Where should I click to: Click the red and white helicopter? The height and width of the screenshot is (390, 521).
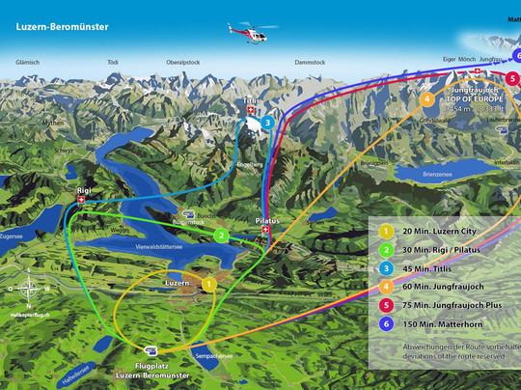pyautogui.click(x=249, y=34)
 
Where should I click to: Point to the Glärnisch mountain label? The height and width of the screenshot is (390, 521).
pyautogui.click(x=28, y=62)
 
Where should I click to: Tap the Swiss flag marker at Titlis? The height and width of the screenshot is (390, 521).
pyautogui.click(x=252, y=112)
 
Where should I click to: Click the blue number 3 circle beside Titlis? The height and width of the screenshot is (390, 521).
pyautogui.click(x=268, y=123)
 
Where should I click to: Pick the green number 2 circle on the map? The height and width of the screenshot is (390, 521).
pyautogui.click(x=221, y=236)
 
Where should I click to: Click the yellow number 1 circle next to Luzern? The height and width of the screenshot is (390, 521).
pyautogui.click(x=208, y=284)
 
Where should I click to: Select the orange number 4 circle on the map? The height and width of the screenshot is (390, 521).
pyautogui.click(x=426, y=97)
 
